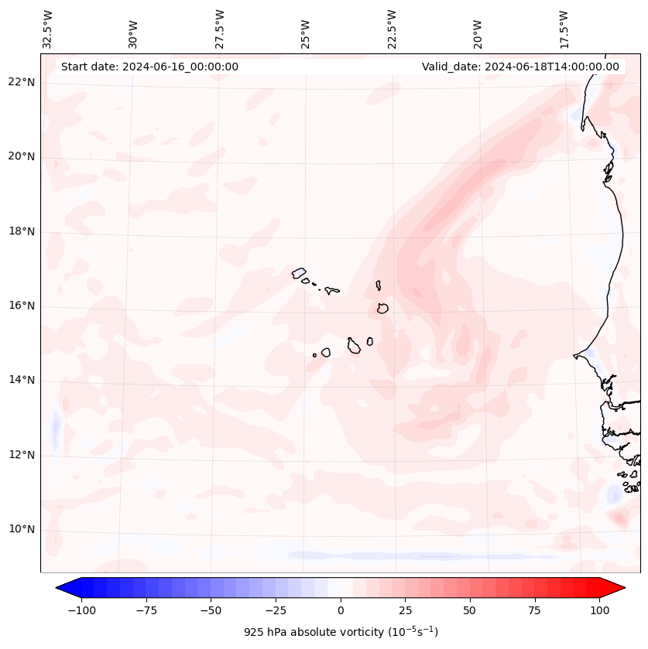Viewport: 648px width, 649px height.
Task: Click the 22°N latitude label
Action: (22, 83)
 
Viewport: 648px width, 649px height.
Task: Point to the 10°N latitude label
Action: (22, 530)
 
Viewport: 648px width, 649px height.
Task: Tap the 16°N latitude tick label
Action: (22, 306)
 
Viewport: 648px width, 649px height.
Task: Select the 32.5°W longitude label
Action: (48, 29)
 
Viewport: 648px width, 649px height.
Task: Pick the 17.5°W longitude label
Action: (564, 29)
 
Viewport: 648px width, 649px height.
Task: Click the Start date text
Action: (149, 67)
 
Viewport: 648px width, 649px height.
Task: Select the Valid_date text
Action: (520, 67)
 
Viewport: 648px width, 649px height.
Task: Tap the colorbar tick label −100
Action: (79, 610)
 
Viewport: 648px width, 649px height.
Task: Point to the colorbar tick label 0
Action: (341, 610)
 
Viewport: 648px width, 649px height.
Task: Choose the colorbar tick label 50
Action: (470, 610)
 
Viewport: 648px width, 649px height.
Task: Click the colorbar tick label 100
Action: (600, 610)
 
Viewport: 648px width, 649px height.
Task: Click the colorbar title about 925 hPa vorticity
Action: (341, 632)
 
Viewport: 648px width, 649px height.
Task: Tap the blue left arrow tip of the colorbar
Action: (59, 589)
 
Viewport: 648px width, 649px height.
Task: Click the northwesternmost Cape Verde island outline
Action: (299, 272)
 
